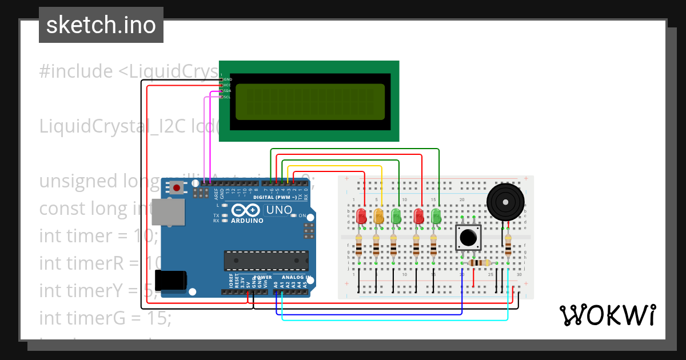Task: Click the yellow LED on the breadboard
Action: (x=378, y=215)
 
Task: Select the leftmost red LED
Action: (x=361, y=215)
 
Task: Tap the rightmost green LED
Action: (x=436, y=215)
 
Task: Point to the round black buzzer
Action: (x=505, y=201)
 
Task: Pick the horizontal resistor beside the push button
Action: (x=479, y=263)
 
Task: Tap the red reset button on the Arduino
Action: (x=177, y=187)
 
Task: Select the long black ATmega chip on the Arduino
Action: (x=266, y=260)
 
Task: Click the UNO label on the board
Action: (x=280, y=210)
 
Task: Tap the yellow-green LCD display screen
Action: (x=310, y=102)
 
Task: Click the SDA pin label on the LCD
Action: (x=227, y=91)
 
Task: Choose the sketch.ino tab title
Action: (x=101, y=25)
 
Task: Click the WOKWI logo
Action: (x=607, y=315)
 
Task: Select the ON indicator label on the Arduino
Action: (x=302, y=215)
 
